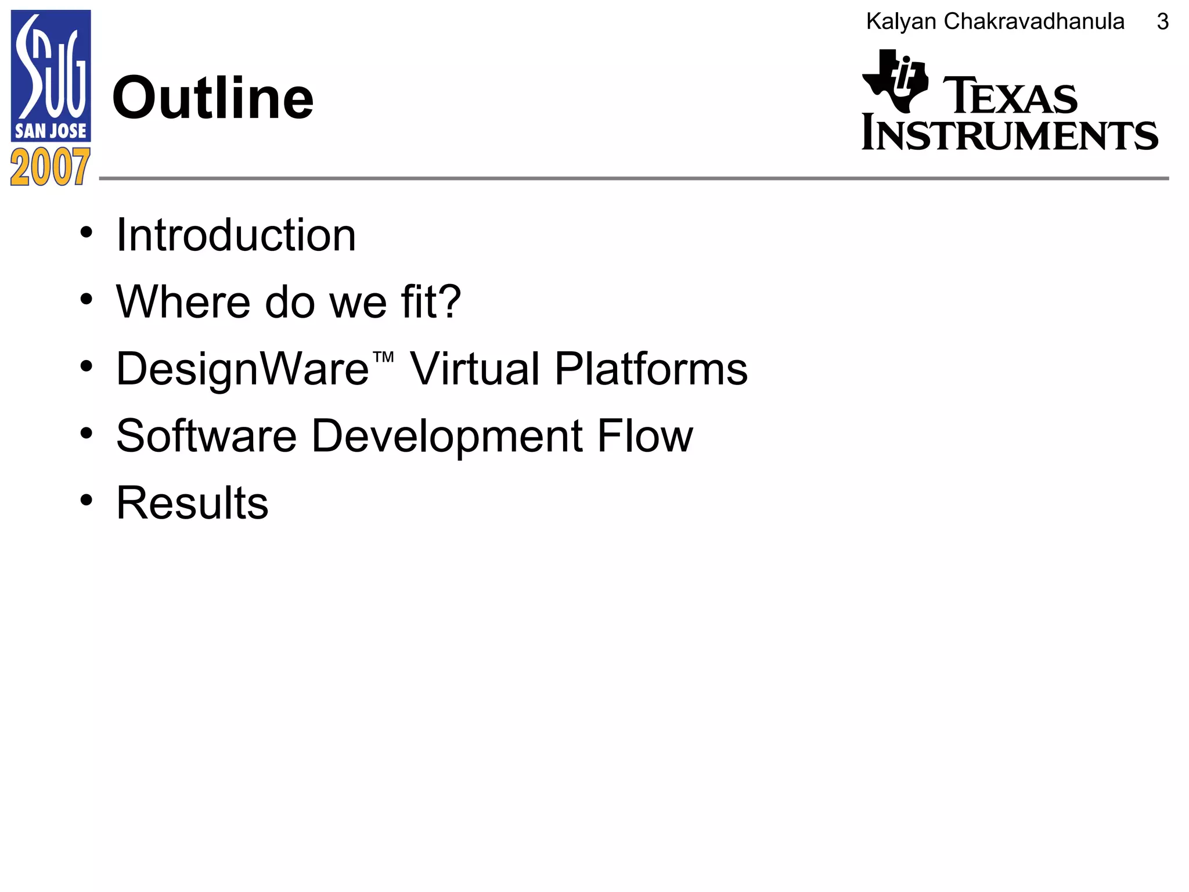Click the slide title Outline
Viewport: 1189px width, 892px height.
(x=212, y=99)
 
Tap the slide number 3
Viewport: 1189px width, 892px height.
(x=1162, y=22)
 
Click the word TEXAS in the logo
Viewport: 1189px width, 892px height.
(x=1010, y=96)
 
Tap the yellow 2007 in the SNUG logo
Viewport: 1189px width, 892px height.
(x=51, y=167)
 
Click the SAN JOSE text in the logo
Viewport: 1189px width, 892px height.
(x=51, y=131)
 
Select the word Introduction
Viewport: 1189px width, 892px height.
(x=236, y=235)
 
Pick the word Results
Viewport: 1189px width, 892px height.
(x=192, y=503)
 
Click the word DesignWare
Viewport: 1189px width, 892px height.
(x=243, y=369)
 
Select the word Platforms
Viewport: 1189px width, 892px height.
(x=651, y=369)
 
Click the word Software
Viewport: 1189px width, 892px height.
(x=207, y=436)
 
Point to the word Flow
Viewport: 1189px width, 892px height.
(x=645, y=436)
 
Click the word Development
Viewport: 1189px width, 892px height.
(x=447, y=436)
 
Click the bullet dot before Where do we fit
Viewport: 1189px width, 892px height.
(x=87, y=300)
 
